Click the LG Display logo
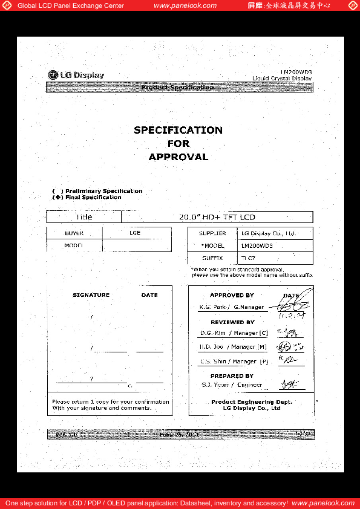(76, 75)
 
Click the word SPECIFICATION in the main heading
(178, 130)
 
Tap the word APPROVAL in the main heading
(178, 157)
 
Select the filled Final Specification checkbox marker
(58, 197)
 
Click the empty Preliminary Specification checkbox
(58, 191)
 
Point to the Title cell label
(84, 217)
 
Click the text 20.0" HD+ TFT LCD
(217, 217)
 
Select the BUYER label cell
(74, 233)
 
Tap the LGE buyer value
(135, 233)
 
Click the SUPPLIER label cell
(212, 233)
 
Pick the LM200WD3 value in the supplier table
(257, 246)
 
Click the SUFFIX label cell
(212, 258)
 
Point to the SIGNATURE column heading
(91, 295)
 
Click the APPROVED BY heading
(232, 295)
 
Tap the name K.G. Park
(213, 307)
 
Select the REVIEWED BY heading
(232, 322)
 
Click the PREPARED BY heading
(232, 376)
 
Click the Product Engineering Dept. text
(251, 402)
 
